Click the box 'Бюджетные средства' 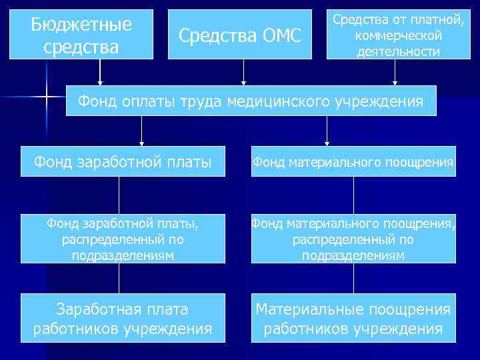click(x=82, y=34)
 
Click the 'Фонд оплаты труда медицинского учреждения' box click(x=251, y=101)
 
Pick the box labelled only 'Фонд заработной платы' click(x=119, y=161)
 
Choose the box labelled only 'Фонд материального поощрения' click(x=353, y=161)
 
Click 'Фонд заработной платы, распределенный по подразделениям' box click(x=119, y=239)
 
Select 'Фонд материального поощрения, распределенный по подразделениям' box click(x=353, y=239)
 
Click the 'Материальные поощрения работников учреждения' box click(x=353, y=318)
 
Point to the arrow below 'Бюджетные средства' click(x=100, y=72)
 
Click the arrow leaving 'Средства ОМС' click(x=244, y=72)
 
